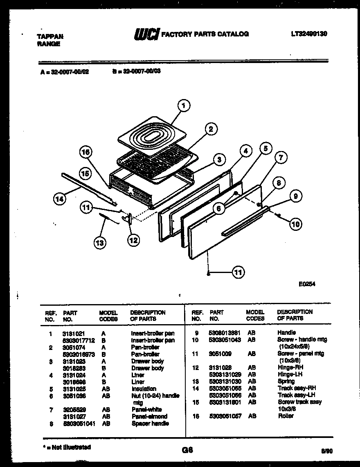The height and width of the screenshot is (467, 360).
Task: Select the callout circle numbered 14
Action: click(60, 199)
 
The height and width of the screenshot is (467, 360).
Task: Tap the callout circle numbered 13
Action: click(99, 243)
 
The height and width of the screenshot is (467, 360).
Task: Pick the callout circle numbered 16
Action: click(85, 152)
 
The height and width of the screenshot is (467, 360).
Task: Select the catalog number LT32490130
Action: click(309, 34)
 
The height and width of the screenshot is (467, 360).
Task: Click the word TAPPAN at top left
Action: click(50, 36)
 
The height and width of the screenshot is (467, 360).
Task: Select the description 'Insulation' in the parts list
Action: click(144, 389)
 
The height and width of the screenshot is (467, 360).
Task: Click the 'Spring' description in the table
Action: click(286, 381)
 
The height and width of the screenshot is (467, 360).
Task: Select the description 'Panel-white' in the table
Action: click(146, 409)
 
